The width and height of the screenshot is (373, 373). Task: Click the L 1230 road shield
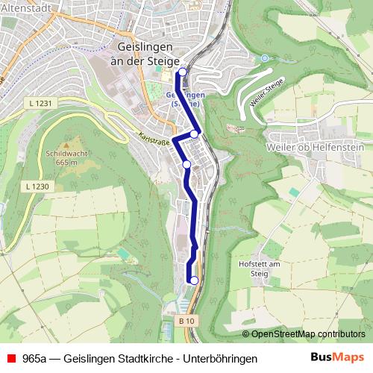36,186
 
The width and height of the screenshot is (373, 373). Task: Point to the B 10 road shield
190,321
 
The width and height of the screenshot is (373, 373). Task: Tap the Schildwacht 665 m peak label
61,157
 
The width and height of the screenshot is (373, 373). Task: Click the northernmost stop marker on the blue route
182,72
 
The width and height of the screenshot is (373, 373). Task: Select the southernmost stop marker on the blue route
194,280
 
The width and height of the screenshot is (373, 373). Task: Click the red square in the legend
10,359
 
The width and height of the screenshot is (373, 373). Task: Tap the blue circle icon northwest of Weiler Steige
265,57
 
